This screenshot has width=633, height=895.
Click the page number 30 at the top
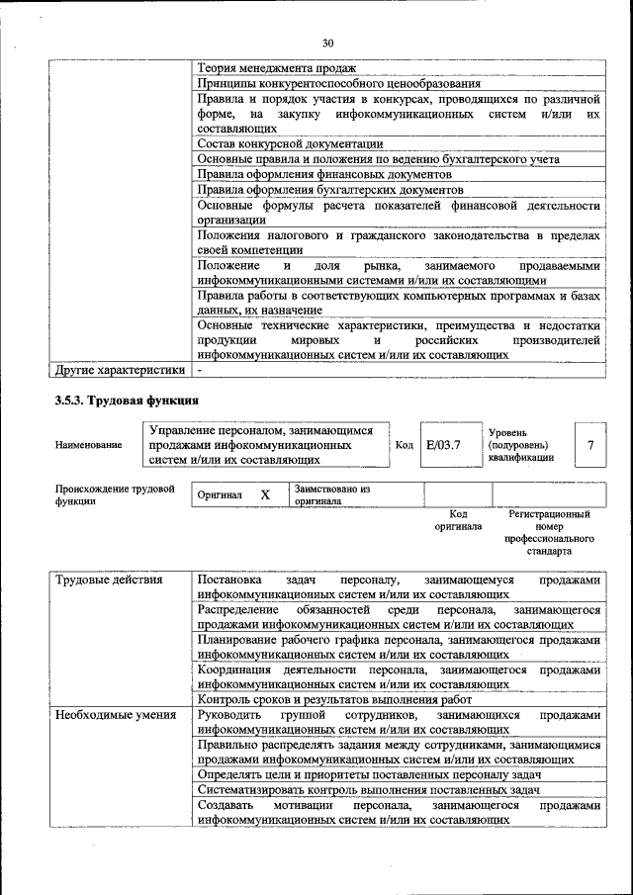coord(328,42)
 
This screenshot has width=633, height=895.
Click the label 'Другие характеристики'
coord(120,371)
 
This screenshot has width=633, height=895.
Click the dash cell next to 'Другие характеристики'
coord(201,371)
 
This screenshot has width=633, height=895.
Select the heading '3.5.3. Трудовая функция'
coord(127,401)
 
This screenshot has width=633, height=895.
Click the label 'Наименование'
coord(89,445)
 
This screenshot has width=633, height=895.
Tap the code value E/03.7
coord(443,445)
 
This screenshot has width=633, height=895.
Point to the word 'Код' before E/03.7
coord(404,445)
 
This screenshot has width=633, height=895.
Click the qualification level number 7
coord(590,445)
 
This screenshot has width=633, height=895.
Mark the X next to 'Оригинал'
coord(265,494)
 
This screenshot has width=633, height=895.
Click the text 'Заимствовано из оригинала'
coord(331,494)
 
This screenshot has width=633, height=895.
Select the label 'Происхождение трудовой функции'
coord(115,494)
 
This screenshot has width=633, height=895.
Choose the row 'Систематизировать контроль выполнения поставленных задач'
coord(368,789)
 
